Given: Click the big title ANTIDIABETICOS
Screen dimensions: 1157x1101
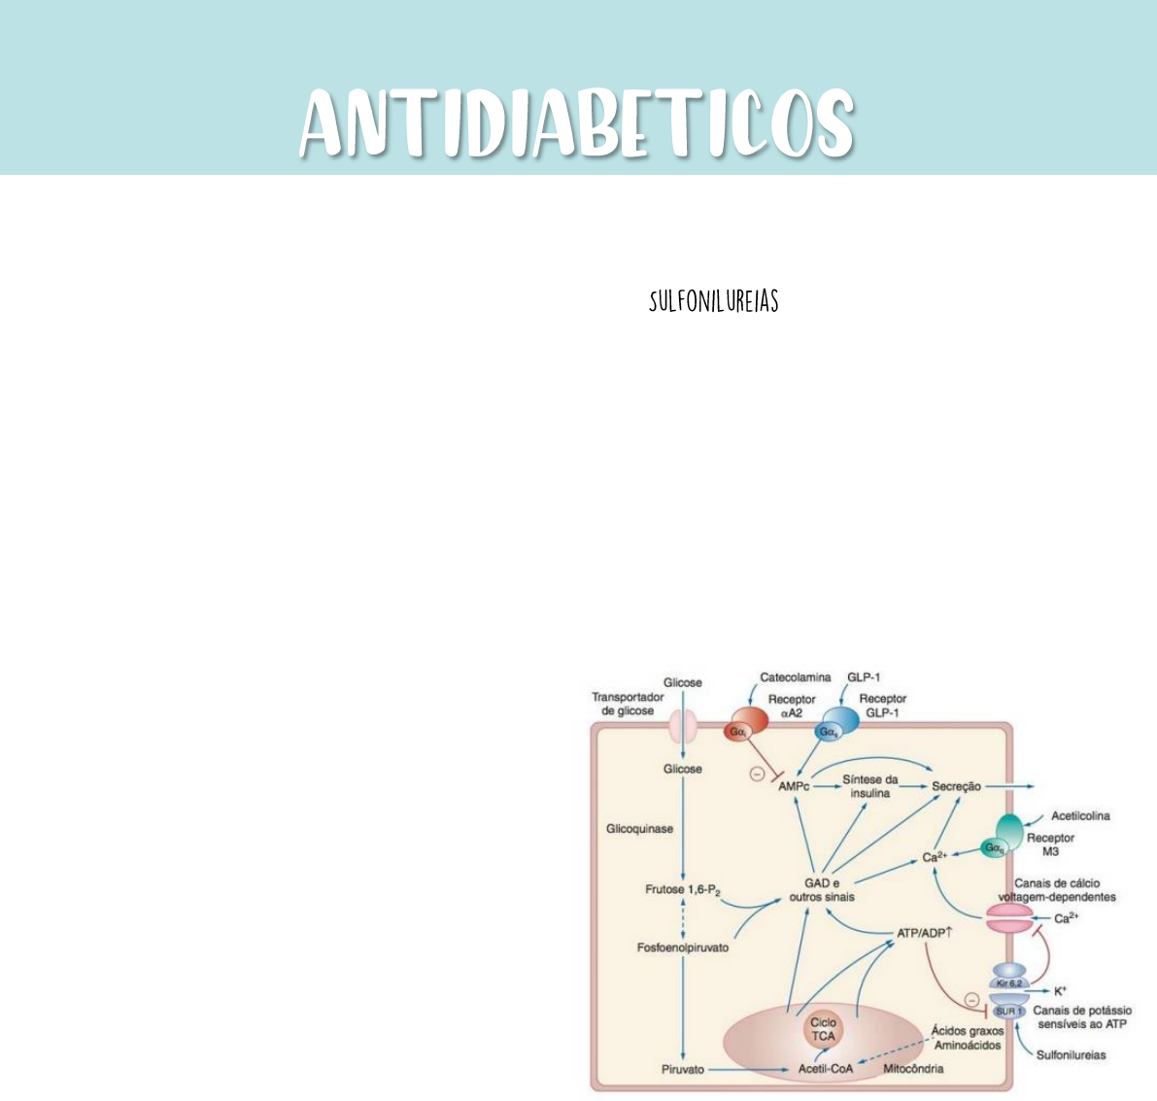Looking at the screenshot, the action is [577, 123].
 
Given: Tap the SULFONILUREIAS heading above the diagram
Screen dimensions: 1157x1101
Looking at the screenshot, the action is [714, 302].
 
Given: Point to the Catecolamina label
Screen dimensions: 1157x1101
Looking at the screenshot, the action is [795, 678].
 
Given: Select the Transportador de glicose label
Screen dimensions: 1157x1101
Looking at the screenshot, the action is [628, 704].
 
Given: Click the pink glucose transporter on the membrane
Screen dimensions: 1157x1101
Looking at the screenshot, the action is [682, 726].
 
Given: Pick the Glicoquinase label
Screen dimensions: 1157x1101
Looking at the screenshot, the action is [639, 829].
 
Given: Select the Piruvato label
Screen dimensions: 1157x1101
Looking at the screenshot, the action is [683, 1069].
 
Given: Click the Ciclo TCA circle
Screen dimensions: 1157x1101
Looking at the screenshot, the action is [823, 1029].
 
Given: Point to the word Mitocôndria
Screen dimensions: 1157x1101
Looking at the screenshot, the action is [912, 1069].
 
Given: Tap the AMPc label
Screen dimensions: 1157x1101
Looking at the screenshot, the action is [794, 786].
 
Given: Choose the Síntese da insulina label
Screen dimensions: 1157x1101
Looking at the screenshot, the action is [870, 786].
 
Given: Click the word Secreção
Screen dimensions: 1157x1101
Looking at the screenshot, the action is [956, 786].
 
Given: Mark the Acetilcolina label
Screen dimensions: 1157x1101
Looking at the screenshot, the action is [1080, 816].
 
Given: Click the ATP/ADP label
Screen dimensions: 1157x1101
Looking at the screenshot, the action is [924, 934].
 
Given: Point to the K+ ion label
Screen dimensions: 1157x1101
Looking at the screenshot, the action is [1060, 991].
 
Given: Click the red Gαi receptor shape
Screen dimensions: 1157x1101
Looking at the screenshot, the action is [743, 729].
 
